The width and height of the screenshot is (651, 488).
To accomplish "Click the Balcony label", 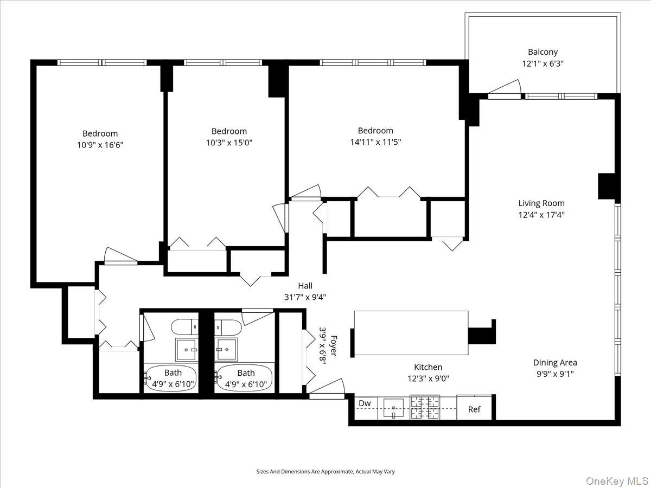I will (542, 52).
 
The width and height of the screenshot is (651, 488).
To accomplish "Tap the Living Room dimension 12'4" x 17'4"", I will (541, 215).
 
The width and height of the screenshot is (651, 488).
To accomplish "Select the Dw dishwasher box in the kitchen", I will (365, 403).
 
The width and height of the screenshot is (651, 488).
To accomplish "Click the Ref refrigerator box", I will (474, 409).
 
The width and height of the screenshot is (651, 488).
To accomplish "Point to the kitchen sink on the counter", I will (393, 407).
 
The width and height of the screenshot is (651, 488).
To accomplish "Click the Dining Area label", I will (554, 363).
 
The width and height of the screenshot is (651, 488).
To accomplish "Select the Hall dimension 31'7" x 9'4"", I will (305, 297).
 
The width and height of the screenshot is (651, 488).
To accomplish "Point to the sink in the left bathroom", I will (187, 350).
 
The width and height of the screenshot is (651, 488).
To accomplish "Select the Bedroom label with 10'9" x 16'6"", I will (100, 133).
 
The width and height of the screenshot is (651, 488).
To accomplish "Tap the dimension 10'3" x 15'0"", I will (229, 143).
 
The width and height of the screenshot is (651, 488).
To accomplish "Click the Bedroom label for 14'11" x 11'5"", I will (375, 131).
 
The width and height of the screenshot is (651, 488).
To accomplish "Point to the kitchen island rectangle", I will (411, 333).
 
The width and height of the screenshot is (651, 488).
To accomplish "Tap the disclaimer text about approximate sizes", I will (325, 472).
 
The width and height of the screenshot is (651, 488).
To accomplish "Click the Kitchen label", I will (428, 367).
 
